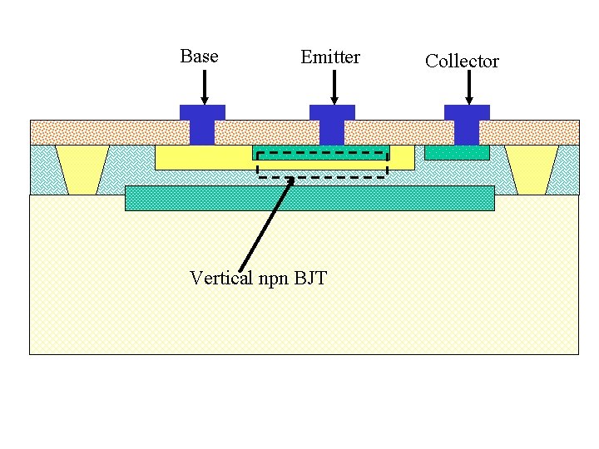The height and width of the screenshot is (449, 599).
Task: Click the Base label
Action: tap(199, 57)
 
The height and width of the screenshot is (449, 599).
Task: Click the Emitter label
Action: tap(330, 57)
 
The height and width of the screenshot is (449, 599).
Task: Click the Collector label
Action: tap(462, 61)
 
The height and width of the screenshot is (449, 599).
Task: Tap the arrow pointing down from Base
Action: tap(204, 87)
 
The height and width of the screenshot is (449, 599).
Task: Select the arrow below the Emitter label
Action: tap(334, 87)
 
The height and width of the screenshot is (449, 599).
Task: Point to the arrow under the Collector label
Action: tap(468, 88)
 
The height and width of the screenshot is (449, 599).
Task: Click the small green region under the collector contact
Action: tap(457, 153)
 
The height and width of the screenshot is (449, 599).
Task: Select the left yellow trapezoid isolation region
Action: tap(82, 169)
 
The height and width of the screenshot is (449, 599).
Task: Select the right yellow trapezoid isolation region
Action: tap(532, 169)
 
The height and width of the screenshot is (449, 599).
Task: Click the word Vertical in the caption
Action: tap(220, 278)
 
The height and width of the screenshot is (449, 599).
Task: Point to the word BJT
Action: tap(309, 278)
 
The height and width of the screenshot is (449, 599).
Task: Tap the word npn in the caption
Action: tap(272, 279)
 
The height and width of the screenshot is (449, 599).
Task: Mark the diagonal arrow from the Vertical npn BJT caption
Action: tap(265, 225)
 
